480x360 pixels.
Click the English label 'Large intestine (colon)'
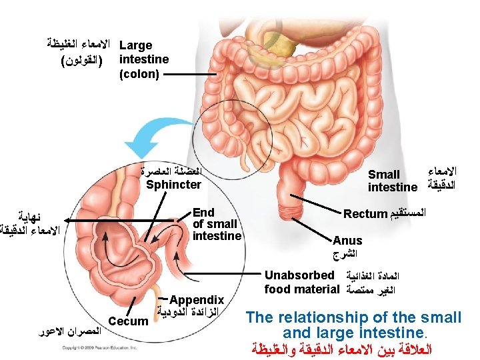click(x=143, y=59)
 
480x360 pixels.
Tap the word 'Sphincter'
click(x=173, y=185)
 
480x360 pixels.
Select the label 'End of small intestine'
click(x=216, y=224)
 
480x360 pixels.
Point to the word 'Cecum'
click(x=128, y=321)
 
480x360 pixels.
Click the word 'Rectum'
click(x=365, y=214)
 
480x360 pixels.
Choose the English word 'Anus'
click(x=347, y=241)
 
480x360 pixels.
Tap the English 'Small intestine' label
click(x=393, y=181)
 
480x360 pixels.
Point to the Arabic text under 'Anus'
click(x=345, y=255)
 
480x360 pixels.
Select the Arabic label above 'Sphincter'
click(x=171, y=170)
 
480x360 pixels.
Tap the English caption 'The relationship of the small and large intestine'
click(x=353, y=324)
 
